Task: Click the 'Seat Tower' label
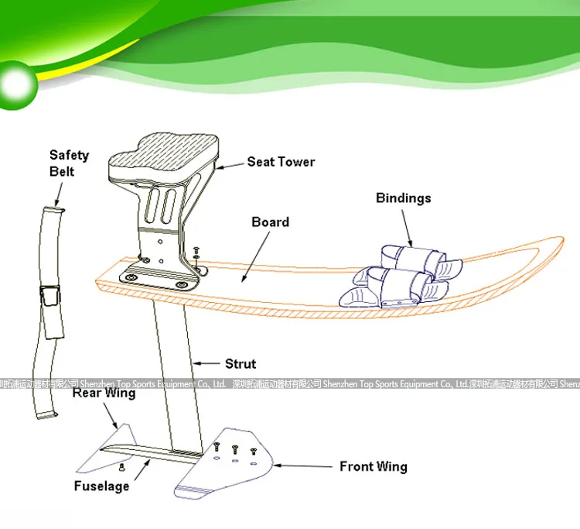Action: pyautogui.click(x=281, y=162)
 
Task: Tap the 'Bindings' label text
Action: pyautogui.click(x=403, y=198)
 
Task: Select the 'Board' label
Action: pyautogui.click(x=270, y=222)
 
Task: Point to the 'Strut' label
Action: pyautogui.click(x=240, y=363)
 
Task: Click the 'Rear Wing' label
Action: pyautogui.click(x=104, y=393)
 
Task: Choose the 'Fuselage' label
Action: pyautogui.click(x=101, y=486)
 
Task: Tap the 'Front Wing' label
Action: pyautogui.click(x=373, y=466)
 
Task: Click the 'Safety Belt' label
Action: pyautogui.click(x=69, y=163)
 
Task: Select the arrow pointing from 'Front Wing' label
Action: pyautogui.click(x=304, y=466)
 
